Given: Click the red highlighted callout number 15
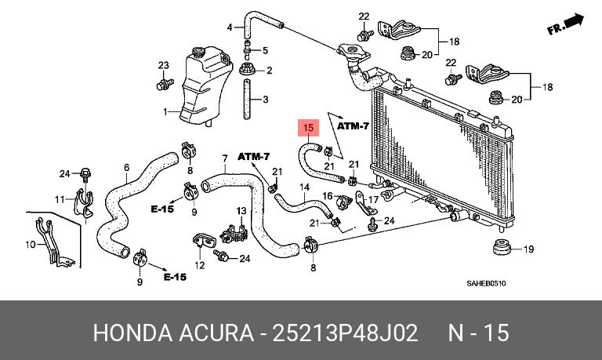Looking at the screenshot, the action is [309, 128].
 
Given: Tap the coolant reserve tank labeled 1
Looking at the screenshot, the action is [206, 85].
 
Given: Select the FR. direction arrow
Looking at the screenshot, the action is [565, 24].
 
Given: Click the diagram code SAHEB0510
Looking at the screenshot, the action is [486, 284].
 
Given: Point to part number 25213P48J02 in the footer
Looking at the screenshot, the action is [344, 333].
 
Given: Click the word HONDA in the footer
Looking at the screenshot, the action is [132, 333].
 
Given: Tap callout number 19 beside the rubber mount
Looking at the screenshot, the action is [528, 249].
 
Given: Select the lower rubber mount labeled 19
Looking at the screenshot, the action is [502, 247].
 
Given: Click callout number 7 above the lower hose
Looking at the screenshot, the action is [225, 158].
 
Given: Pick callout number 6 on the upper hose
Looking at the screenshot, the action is [127, 168].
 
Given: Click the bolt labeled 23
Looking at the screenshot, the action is [165, 83].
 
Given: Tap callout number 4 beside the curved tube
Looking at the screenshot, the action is [230, 27].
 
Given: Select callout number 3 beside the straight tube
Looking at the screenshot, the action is [265, 100].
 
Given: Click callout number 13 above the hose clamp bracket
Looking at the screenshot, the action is [241, 211].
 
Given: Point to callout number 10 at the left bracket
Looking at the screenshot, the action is [31, 245].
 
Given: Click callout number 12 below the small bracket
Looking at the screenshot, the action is [200, 265].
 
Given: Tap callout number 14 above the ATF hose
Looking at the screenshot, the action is [304, 187].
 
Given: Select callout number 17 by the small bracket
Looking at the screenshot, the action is [373, 199].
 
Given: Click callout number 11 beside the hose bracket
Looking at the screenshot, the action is [60, 199].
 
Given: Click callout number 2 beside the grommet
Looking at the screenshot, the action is [269, 71].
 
